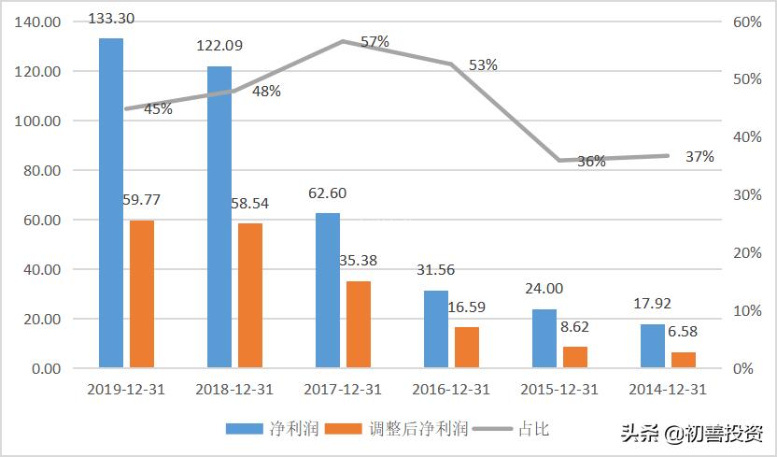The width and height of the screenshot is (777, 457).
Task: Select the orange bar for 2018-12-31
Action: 249,295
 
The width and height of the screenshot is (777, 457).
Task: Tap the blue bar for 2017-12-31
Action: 328,291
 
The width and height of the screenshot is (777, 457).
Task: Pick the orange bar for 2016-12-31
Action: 466,348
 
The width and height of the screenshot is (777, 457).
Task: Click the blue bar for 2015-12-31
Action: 544,338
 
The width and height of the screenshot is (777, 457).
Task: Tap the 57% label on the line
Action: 374,41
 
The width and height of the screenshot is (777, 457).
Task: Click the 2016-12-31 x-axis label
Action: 451,390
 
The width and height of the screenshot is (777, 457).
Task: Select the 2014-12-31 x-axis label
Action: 668,390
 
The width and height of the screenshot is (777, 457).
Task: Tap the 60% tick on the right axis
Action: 742,22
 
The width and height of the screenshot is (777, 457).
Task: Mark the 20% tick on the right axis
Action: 742,253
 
